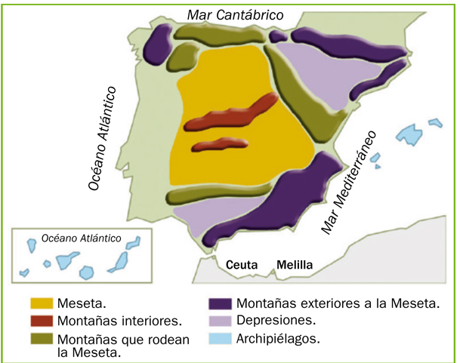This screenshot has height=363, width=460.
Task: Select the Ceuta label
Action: pos(242,265)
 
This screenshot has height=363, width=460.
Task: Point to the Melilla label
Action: pos(295,265)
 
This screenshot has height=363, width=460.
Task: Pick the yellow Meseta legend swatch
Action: pos(45,303)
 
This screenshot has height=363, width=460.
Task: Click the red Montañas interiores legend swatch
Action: pos(45,320)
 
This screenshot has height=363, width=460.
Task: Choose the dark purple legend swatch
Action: pos(220,303)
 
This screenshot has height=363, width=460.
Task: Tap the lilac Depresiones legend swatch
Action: pos(220,320)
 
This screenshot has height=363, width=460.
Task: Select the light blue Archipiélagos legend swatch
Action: pos(220,337)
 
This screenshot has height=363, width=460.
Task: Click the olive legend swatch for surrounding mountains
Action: pos(45,337)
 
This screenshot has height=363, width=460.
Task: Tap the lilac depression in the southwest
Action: pos(208,219)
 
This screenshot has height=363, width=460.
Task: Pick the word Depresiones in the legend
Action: pos(276,321)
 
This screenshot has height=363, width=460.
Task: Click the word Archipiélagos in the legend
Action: pos(278,337)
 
